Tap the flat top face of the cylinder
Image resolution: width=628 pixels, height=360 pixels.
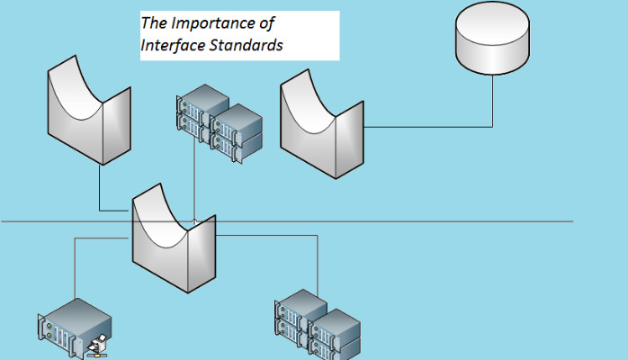(x=492, y=21)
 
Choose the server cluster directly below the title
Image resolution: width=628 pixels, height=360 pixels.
(x=219, y=123)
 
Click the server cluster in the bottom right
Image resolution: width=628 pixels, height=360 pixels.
(x=317, y=326)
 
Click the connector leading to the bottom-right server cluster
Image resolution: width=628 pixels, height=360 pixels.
(x=317, y=261)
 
